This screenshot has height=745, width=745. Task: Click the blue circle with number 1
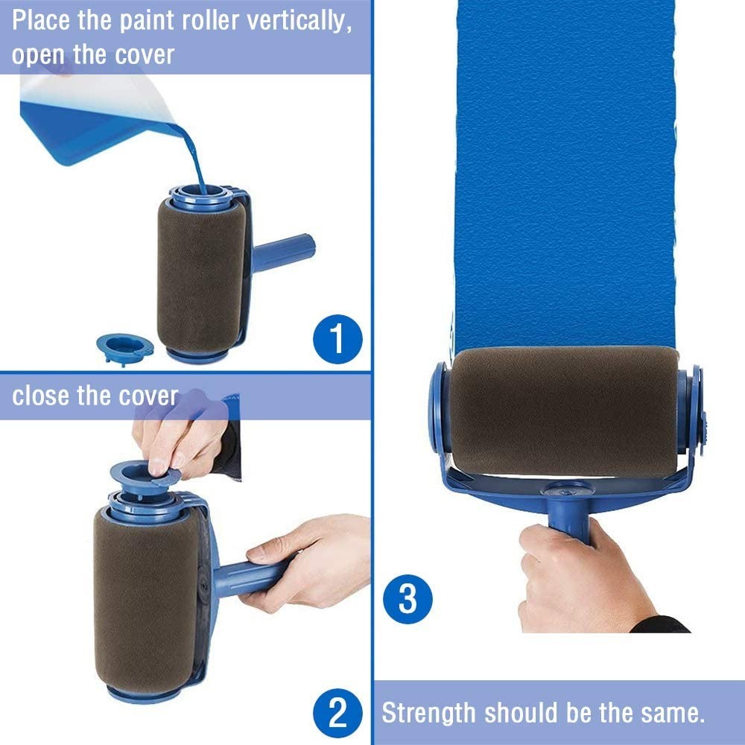[337, 339]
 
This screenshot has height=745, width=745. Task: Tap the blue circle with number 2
[337, 713]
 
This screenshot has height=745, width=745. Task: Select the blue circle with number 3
[408, 599]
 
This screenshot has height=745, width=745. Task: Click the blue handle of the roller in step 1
[282, 253]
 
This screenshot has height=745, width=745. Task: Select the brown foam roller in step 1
[201, 276]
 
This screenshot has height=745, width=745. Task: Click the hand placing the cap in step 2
[180, 437]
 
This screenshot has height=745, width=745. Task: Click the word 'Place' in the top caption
[41, 20]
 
